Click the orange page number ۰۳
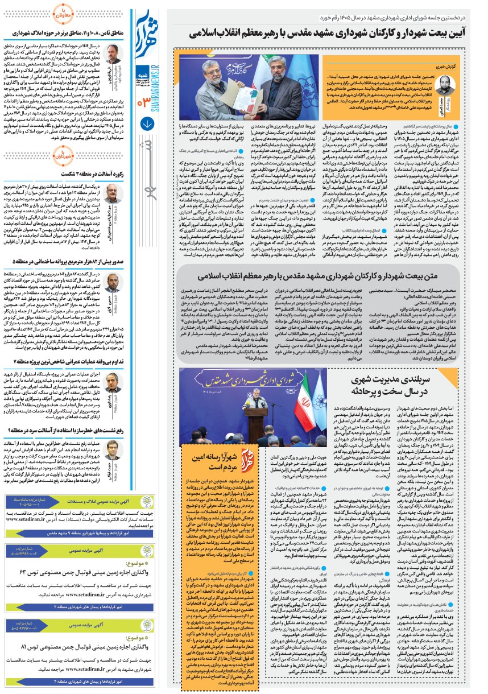144,101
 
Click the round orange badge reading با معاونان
63,13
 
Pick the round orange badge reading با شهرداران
63,152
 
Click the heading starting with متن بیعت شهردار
321,277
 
